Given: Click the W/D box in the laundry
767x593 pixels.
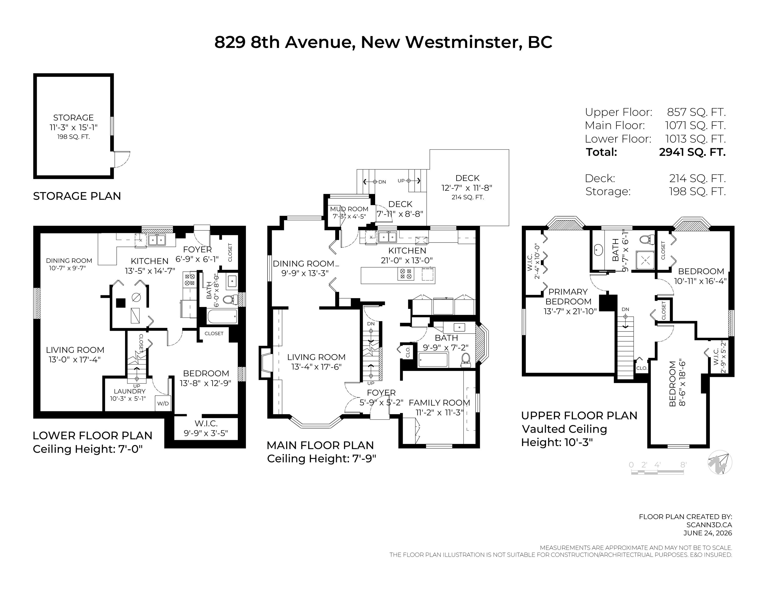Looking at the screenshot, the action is [163, 404].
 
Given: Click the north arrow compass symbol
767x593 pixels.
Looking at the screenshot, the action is [720, 462].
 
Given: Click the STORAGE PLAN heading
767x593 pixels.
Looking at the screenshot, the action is [77, 196].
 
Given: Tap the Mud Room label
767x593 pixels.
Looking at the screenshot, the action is [349, 209].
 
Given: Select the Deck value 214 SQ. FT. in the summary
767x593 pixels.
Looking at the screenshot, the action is [698, 178].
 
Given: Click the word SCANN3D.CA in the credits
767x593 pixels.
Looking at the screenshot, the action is [709, 525].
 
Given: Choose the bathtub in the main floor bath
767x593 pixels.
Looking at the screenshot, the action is [433, 360].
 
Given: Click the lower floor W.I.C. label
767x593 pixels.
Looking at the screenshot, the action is [206, 424].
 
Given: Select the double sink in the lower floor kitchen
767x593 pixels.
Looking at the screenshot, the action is [157, 240].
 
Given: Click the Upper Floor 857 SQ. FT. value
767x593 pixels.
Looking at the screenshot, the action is [696, 112].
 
